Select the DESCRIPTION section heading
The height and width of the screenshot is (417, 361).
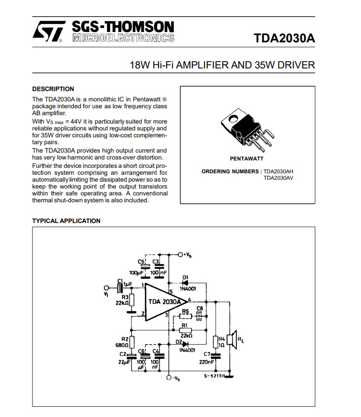(x=53, y=89)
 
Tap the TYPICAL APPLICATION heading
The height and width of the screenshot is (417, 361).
(x=66, y=221)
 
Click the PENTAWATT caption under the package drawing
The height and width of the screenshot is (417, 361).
(x=246, y=159)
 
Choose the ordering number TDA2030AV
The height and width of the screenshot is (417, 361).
(x=278, y=178)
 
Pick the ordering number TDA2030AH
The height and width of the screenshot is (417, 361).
(x=278, y=172)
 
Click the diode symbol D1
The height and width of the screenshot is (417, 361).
(x=186, y=283)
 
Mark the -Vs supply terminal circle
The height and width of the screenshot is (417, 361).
(x=169, y=378)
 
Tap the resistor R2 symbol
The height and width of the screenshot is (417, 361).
(x=131, y=342)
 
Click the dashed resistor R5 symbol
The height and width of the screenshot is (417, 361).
(x=185, y=317)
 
